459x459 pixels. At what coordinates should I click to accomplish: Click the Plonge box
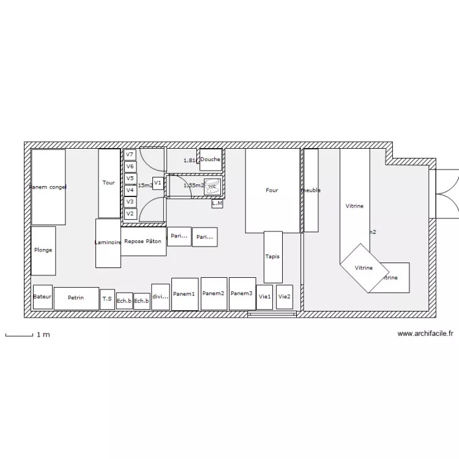pyautogui.click(x=43, y=250)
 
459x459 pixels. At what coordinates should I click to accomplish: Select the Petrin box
pyautogui.click(x=76, y=298)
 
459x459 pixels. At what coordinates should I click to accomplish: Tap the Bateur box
pyautogui.click(x=42, y=297)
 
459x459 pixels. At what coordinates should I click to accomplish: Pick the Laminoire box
pyautogui.click(x=108, y=243)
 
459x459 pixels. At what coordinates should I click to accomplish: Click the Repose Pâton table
pyautogui.click(x=143, y=241)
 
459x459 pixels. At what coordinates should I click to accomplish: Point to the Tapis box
pyautogui.click(x=273, y=256)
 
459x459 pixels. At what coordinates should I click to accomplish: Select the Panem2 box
pyautogui.click(x=214, y=294)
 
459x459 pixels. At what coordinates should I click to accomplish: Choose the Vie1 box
pyautogui.click(x=264, y=297)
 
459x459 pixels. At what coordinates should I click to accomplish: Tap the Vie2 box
pyautogui.click(x=284, y=297)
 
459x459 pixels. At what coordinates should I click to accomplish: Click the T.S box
pyautogui.click(x=107, y=299)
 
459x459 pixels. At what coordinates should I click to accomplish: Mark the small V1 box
pyautogui.click(x=158, y=183)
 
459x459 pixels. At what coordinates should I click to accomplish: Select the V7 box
pyautogui.click(x=130, y=155)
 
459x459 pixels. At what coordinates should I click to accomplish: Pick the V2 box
pyautogui.click(x=130, y=214)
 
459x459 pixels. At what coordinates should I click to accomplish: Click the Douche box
pyautogui.click(x=211, y=160)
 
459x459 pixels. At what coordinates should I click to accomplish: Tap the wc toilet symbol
pyautogui.click(x=212, y=187)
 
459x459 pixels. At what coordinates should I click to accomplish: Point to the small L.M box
pyautogui.click(x=217, y=203)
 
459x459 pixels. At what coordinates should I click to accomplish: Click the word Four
pyautogui.click(x=272, y=190)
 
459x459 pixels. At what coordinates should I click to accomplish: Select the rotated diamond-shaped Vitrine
pyautogui.click(x=364, y=267)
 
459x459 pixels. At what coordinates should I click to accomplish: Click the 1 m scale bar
pyautogui.click(x=19, y=335)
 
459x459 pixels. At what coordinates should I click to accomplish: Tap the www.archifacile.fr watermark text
pyautogui.click(x=425, y=334)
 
